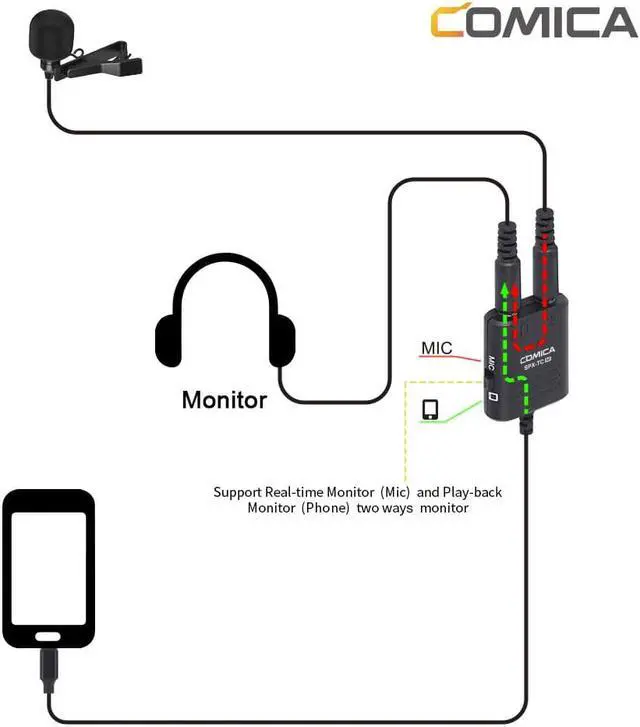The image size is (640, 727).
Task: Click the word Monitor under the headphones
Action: [224, 401]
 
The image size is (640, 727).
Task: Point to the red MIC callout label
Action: [436, 348]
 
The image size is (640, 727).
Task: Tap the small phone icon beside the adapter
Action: [430, 409]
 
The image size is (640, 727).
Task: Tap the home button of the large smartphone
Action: [49, 637]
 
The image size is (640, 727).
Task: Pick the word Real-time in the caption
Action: [300, 492]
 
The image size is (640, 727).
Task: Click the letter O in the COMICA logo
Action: [477, 23]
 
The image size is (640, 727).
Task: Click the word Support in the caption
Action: [237, 492]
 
